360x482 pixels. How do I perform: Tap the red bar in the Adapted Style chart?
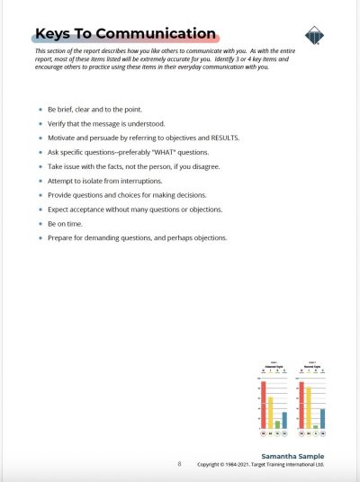pos(264,405)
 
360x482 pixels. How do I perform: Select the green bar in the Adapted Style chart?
pos(277,424)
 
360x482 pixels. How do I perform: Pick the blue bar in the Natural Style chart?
pos(322,417)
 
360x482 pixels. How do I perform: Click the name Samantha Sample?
pos(293,456)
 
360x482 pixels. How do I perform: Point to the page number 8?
pos(179,464)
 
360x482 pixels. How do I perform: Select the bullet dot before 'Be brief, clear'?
pos(40,107)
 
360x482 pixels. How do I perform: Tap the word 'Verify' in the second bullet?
pos(58,123)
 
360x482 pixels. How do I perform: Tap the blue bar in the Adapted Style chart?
pos(284,419)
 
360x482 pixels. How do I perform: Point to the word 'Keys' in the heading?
pos(53,34)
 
